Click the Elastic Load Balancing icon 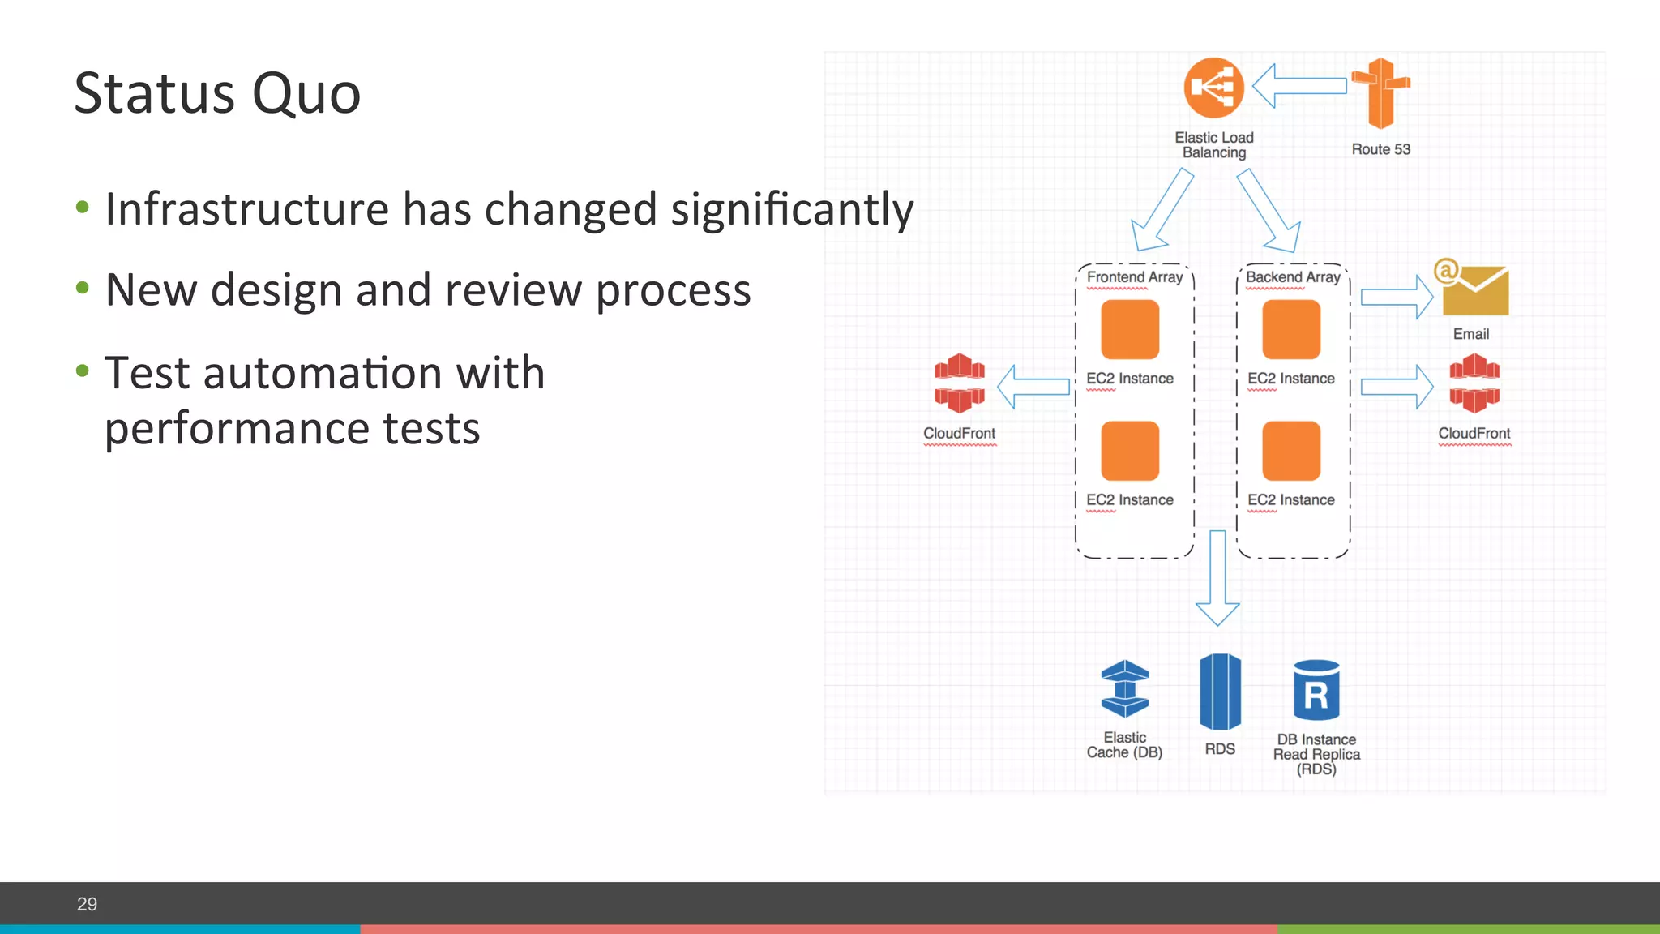pyautogui.click(x=1213, y=88)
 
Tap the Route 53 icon pyautogui.click(x=1380, y=93)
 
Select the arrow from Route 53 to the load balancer pyautogui.click(x=1299, y=85)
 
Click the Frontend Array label pyautogui.click(x=1134, y=277)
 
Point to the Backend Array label pyautogui.click(x=1293, y=277)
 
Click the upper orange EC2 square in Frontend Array pyautogui.click(x=1130, y=329)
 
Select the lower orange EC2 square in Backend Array pyautogui.click(x=1291, y=451)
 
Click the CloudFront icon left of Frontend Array pyautogui.click(x=960, y=383)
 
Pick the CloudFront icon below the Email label pyautogui.click(x=1474, y=383)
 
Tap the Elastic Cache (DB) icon pyautogui.click(x=1125, y=689)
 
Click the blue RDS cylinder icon pyautogui.click(x=1220, y=692)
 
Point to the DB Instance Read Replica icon pyautogui.click(x=1316, y=691)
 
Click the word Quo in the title pyautogui.click(x=306, y=94)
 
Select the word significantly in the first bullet pyautogui.click(x=792, y=210)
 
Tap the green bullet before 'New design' pyautogui.click(x=82, y=288)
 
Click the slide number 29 pyautogui.click(x=87, y=904)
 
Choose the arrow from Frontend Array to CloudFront pyautogui.click(x=1033, y=387)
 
